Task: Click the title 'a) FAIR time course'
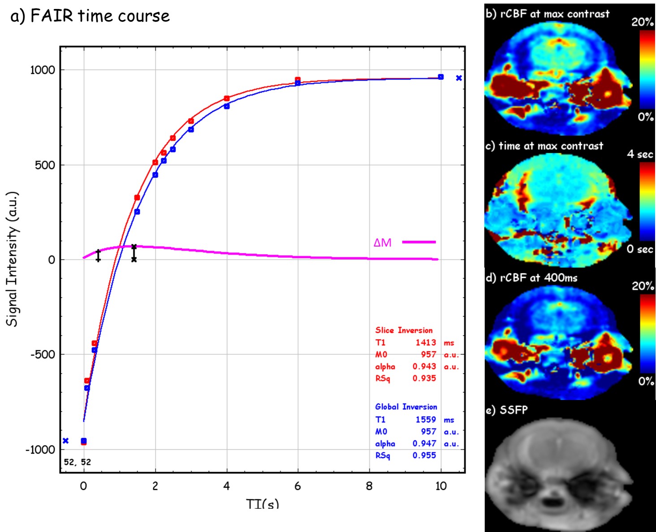pyautogui.click(x=90, y=16)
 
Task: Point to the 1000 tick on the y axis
pyautogui.click(x=43, y=70)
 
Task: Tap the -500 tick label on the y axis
pyautogui.click(x=43, y=354)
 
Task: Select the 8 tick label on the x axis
pyautogui.click(x=369, y=486)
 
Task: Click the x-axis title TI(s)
pyautogui.click(x=263, y=504)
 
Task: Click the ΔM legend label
pyautogui.click(x=382, y=243)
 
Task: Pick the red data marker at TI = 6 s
pyautogui.click(x=298, y=80)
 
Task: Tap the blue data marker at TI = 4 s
pyautogui.click(x=227, y=106)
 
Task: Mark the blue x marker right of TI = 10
pyautogui.click(x=459, y=78)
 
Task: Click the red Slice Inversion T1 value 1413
pyautogui.click(x=425, y=342)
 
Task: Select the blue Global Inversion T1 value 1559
pyautogui.click(x=425, y=419)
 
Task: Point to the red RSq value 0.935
pyautogui.click(x=424, y=378)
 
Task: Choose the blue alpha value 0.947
pyautogui.click(x=424, y=443)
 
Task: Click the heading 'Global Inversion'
pyautogui.click(x=406, y=407)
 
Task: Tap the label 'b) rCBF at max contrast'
pyautogui.click(x=548, y=14)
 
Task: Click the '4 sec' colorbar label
pyautogui.click(x=640, y=154)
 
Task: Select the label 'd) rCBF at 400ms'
pyautogui.click(x=532, y=278)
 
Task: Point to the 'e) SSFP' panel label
pyautogui.click(x=507, y=410)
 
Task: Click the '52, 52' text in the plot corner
pyautogui.click(x=77, y=462)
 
